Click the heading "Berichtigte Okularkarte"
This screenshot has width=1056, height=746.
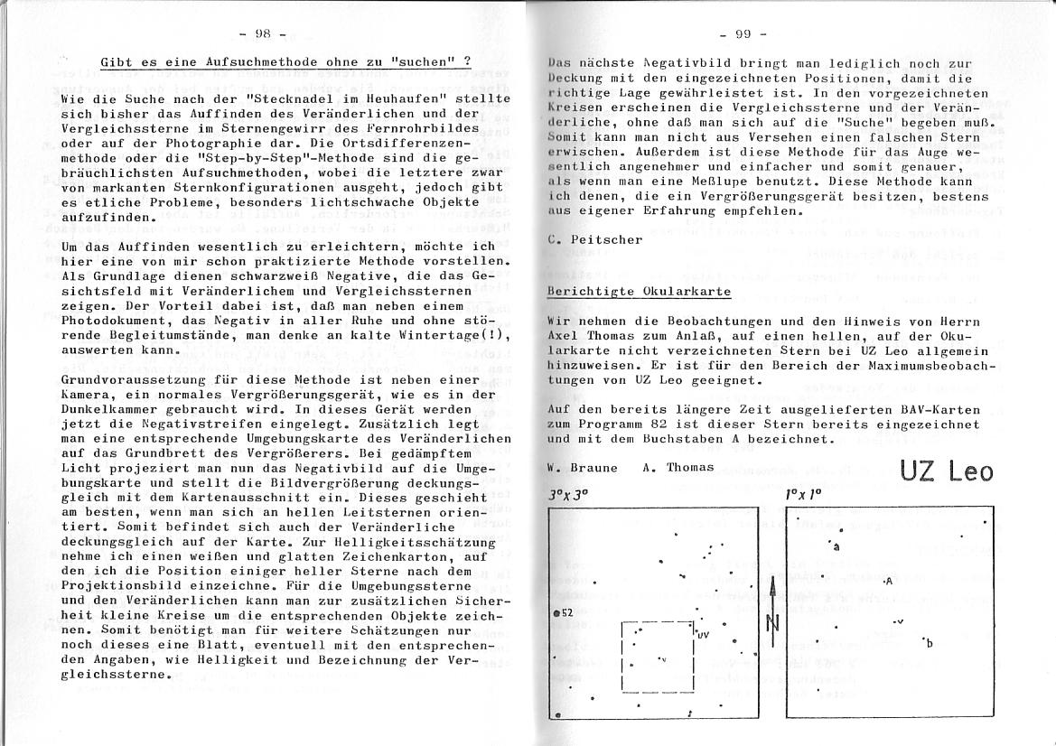(x=639, y=293)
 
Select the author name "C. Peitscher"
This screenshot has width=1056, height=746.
(x=595, y=239)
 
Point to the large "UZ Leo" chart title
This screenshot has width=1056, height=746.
(x=947, y=471)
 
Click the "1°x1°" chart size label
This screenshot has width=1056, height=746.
(x=804, y=495)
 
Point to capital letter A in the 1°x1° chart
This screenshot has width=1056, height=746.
(x=889, y=581)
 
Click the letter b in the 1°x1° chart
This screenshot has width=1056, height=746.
(x=929, y=643)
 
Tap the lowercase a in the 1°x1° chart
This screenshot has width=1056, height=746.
(x=836, y=547)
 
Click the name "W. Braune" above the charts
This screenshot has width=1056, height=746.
(x=583, y=468)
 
